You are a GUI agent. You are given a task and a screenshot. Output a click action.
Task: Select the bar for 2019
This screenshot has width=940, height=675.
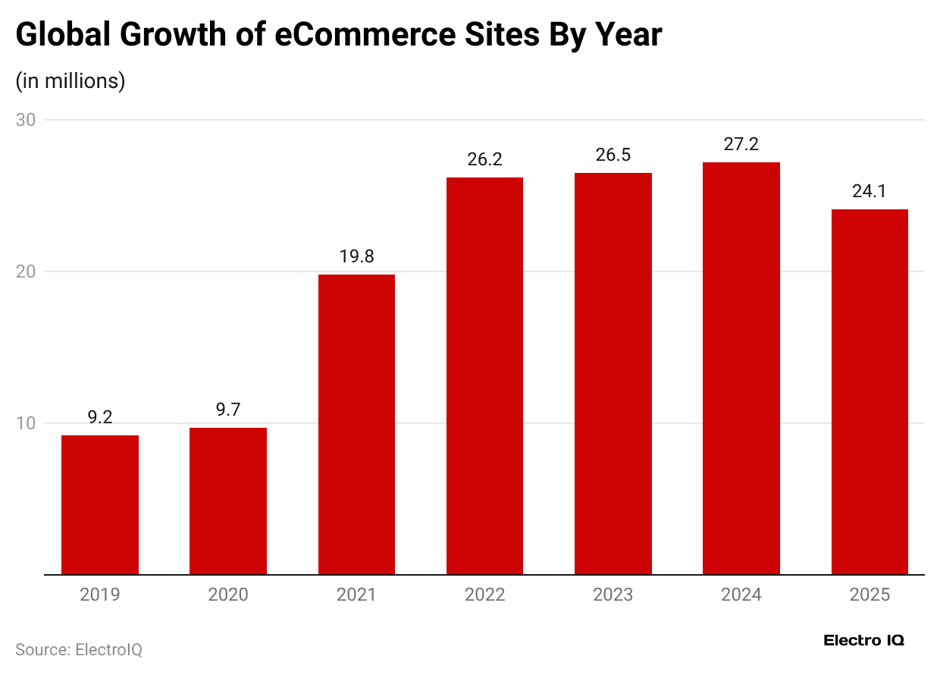pyautogui.click(x=100, y=505)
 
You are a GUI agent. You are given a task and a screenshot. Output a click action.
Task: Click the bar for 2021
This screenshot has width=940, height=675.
pyautogui.click(x=356, y=425)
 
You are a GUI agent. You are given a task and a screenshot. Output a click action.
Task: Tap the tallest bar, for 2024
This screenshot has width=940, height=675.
pyautogui.click(x=741, y=369)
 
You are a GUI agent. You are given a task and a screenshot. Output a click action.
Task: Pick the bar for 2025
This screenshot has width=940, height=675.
pyautogui.click(x=869, y=392)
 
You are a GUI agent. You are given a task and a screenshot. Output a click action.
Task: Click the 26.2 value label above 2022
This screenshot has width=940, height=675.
pyautogui.click(x=484, y=160)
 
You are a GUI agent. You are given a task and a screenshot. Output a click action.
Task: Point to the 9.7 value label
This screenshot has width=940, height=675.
pyautogui.click(x=228, y=410)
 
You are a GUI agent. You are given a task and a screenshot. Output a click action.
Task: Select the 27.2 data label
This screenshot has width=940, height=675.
pyautogui.click(x=741, y=144)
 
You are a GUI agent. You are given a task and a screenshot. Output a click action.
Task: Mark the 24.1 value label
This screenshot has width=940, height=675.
pyautogui.click(x=869, y=192)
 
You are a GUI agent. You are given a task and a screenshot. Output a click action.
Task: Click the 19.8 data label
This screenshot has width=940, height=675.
pyautogui.click(x=356, y=257)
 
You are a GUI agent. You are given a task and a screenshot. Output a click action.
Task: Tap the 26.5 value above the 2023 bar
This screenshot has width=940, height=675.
pyautogui.click(x=613, y=155)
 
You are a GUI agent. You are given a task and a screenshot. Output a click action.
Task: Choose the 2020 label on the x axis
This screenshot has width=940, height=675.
pyautogui.click(x=228, y=595)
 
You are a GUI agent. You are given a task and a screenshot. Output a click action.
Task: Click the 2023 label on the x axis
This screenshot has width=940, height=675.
pyautogui.click(x=613, y=595)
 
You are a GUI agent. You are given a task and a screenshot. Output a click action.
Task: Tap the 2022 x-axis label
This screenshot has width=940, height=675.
pyautogui.click(x=484, y=595)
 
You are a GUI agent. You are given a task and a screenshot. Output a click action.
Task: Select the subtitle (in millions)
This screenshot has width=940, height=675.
pyautogui.click(x=70, y=81)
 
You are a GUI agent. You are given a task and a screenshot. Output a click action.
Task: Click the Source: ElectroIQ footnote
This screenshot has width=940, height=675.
pyautogui.click(x=79, y=650)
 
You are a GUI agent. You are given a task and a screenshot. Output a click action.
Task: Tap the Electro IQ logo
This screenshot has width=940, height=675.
pyautogui.click(x=863, y=640)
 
